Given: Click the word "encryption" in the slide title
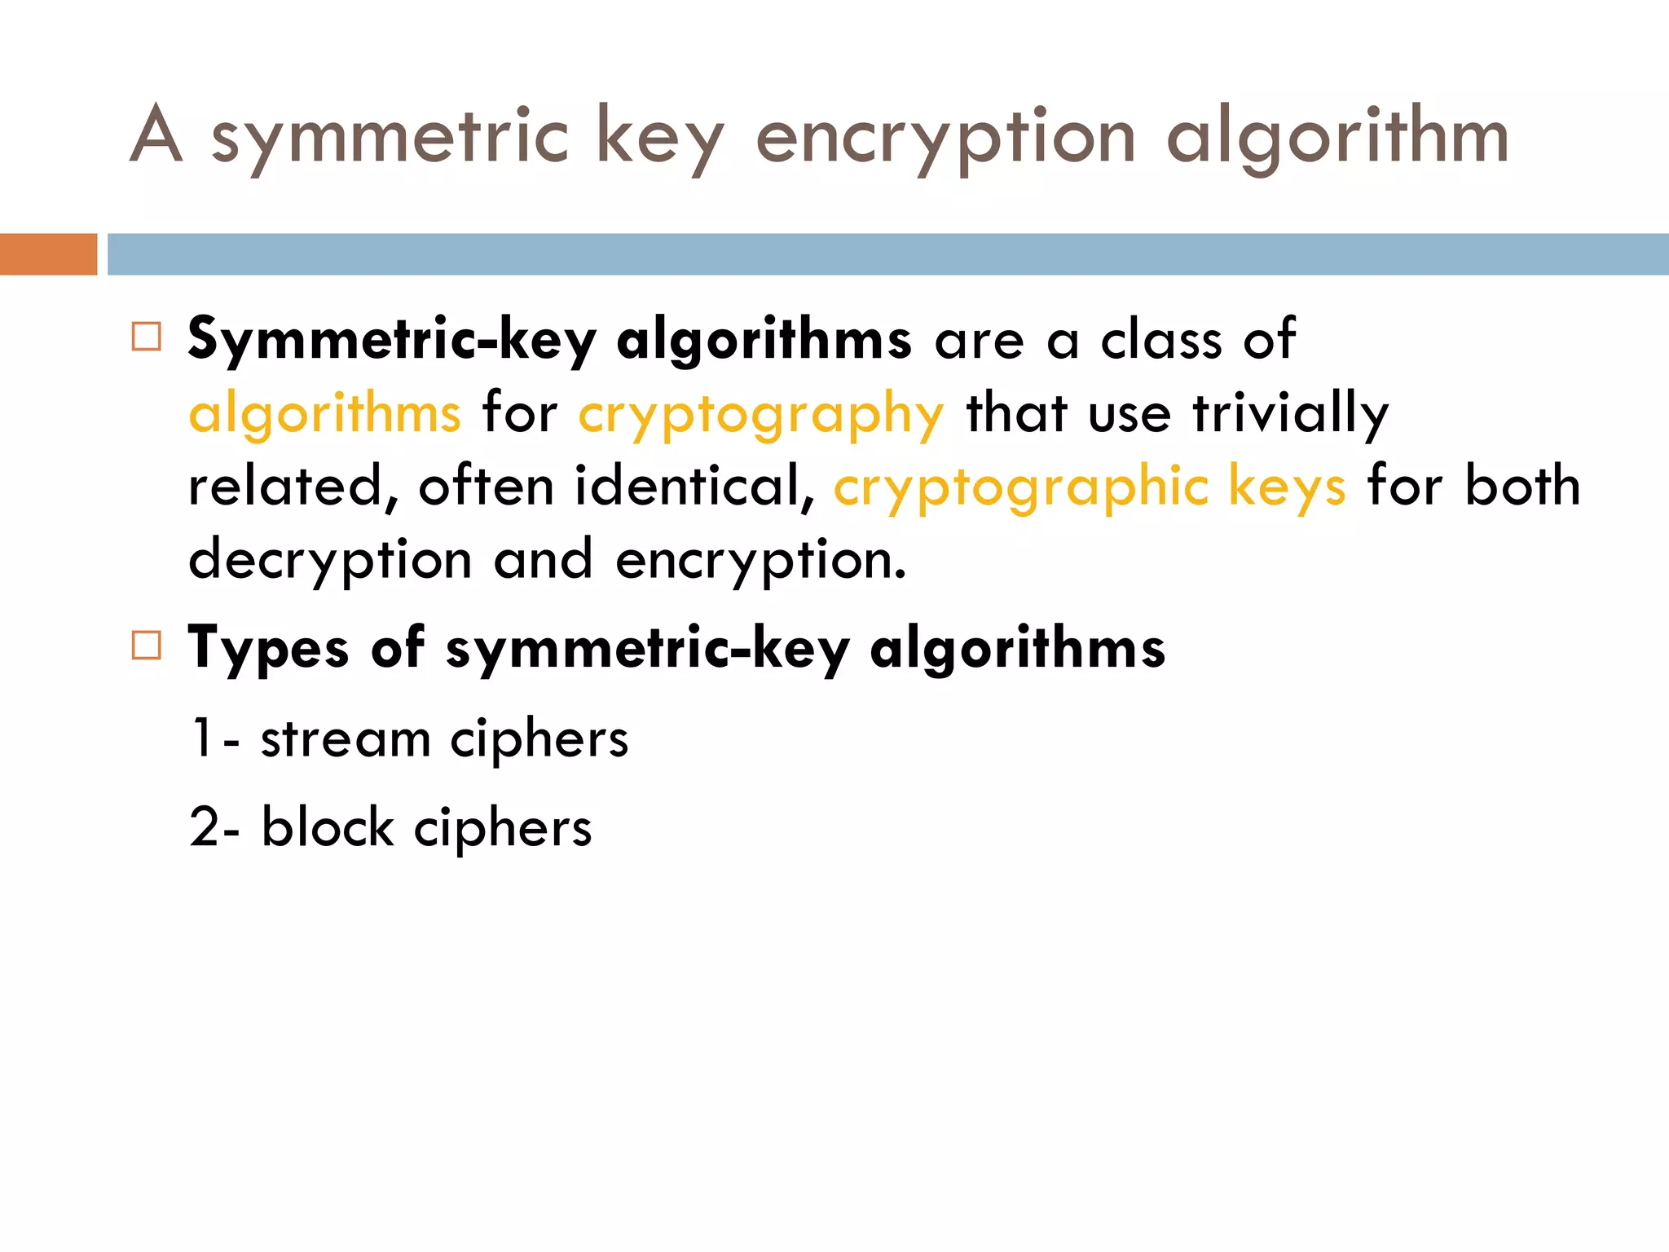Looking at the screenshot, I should (945, 139).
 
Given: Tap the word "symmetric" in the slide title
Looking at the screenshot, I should (390, 139).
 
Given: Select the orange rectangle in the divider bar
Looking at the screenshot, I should (48, 254).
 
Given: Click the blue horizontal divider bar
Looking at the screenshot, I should (888, 254).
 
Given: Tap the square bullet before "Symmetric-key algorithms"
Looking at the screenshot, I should (147, 337).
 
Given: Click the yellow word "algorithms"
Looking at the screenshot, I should (324, 413).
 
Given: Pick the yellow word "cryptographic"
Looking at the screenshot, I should (1020, 487).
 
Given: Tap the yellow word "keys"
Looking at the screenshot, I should (1287, 487).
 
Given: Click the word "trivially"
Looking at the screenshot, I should (1291, 413).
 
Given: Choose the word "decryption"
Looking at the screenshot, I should (330, 561).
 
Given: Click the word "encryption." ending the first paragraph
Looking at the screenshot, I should (760, 561).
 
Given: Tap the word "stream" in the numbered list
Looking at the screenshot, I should (346, 739).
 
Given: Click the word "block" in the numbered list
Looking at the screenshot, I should (328, 827).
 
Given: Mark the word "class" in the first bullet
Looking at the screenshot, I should (1161, 339).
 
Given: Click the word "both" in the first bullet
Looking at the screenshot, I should (1522, 486).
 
